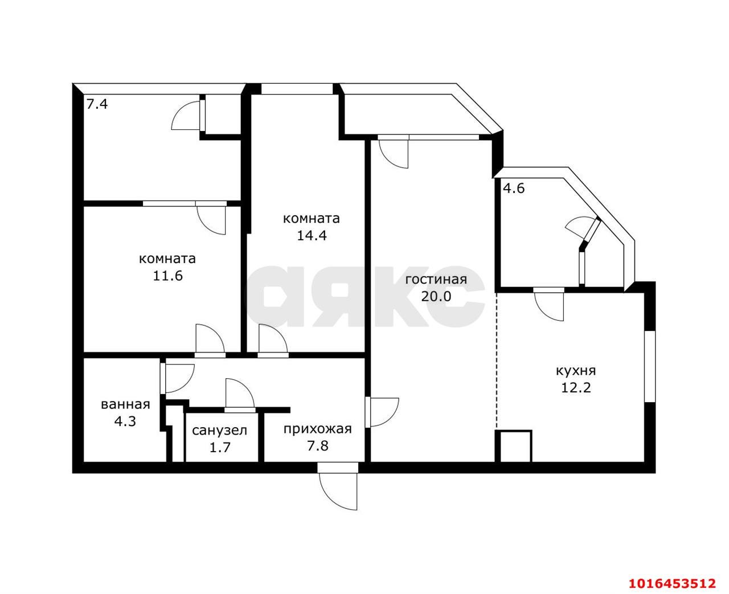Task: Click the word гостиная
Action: [x=436, y=280]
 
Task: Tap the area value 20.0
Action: [x=436, y=296]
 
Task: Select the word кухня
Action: [x=576, y=371]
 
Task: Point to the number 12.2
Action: [x=576, y=388]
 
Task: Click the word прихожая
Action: [x=318, y=429]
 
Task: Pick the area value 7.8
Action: [x=318, y=446]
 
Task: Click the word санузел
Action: [x=219, y=431]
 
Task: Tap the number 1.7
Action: [x=219, y=448]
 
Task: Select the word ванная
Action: [x=126, y=404]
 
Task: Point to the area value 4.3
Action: [x=126, y=421]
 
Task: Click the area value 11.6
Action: [x=167, y=276]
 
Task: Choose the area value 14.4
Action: [x=312, y=235]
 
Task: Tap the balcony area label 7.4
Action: [x=97, y=104]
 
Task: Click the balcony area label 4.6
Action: [x=513, y=188]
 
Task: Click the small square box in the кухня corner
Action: [x=514, y=446]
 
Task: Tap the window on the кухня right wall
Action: [x=650, y=366]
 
